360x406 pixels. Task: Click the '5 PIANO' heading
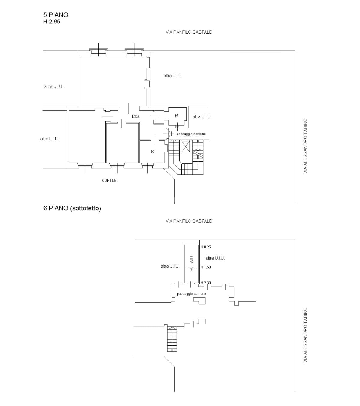[x=56, y=15]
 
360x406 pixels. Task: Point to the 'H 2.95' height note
[x=52, y=21]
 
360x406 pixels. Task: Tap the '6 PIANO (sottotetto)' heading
[x=72, y=208]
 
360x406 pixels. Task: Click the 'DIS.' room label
[x=136, y=116]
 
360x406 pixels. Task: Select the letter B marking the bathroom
[x=176, y=116]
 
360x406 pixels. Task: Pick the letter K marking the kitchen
[x=153, y=152]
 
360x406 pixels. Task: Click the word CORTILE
[x=109, y=180]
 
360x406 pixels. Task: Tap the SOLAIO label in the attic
[x=191, y=263]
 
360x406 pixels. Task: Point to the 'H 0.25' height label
[x=206, y=247]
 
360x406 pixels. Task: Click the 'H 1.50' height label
[x=206, y=267]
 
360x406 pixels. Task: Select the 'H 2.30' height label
[x=206, y=283]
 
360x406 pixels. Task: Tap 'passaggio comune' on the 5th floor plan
[x=191, y=134]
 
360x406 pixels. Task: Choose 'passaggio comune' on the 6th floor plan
[x=191, y=294]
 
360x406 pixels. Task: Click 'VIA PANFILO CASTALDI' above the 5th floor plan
[x=190, y=32]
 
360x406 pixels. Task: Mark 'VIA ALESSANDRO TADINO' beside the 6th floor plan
[x=305, y=335]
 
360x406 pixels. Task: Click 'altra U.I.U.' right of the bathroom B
[x=202, y=117]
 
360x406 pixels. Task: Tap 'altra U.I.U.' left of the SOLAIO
[x=170, y=266]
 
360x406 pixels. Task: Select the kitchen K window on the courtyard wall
[x=148, y=166]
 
